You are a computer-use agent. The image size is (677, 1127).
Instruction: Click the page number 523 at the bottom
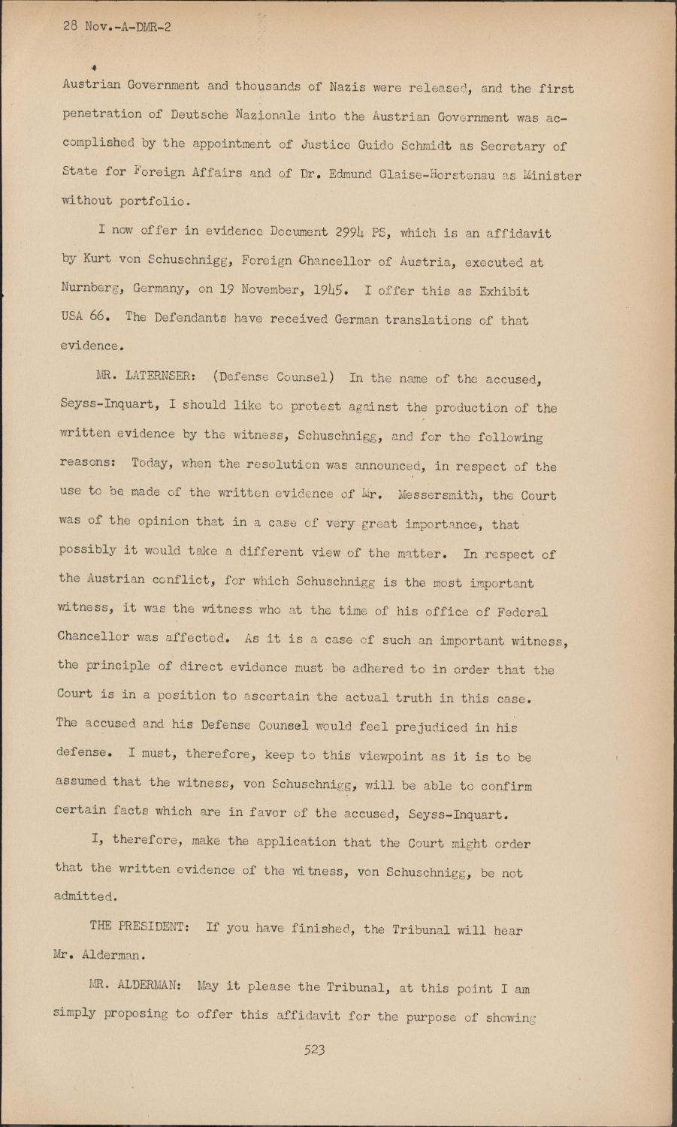(314, 1050)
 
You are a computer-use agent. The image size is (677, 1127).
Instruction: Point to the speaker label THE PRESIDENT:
(139, 926)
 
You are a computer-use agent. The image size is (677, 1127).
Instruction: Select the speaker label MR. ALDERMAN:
(134, 986)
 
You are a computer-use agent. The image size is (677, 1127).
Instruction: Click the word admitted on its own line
(85, 896)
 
